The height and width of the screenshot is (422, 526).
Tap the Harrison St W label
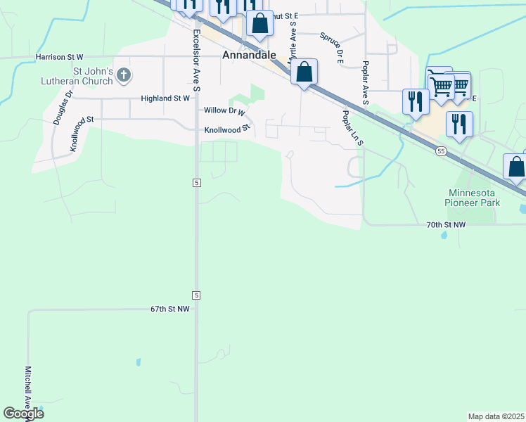click(x=60, y=56)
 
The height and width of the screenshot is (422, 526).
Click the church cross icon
click(x=124, y=75)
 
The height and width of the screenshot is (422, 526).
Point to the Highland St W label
click(x=165, y=98)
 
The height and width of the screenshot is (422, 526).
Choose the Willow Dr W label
click(x=224, y=111)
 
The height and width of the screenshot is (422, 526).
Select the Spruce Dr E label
click(x=331, y=47)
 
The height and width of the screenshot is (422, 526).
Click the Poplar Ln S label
click(x=352, y=127)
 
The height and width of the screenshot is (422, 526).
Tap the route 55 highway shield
click(x=441, y=151)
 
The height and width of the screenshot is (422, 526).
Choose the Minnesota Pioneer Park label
click(x=474, y=197)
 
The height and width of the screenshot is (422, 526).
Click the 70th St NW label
click(x=446, y=224)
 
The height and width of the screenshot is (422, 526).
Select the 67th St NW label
click(x=170, y=309)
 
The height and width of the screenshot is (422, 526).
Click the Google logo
click(x=24, y=414)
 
